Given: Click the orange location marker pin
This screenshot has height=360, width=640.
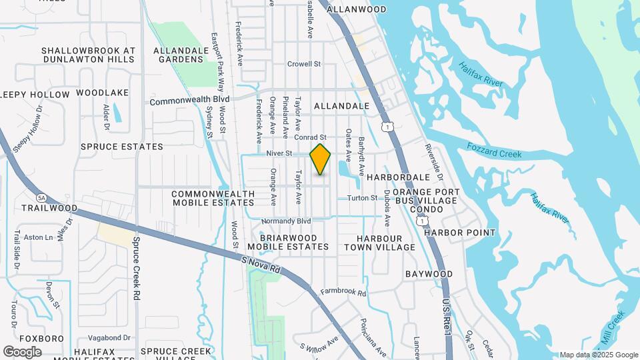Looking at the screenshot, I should (321, 159).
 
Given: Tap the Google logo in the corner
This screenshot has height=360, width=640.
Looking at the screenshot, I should (23, 351).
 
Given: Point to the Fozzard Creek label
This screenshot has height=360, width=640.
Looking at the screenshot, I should (493, 151).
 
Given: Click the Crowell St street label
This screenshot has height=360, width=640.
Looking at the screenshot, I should (304, 65).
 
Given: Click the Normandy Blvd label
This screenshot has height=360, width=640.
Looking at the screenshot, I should (286, 221).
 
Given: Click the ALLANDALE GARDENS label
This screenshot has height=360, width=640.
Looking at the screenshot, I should (178, 55).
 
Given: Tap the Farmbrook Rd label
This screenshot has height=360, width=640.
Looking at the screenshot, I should (343, 292).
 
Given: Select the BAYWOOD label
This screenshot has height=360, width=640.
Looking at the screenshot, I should (429, 274).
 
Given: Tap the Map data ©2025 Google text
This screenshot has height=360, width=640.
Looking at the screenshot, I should (599, 355).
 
